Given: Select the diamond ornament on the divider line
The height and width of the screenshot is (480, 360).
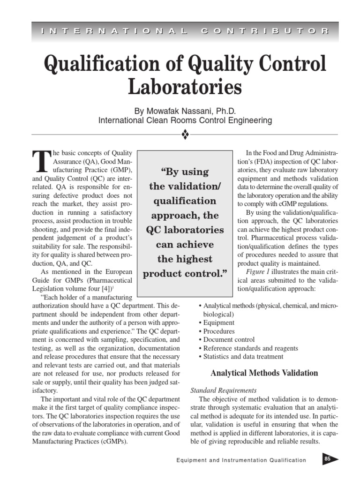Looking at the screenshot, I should [185, 135].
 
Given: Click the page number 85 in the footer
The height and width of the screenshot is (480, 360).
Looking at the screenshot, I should [328, 459].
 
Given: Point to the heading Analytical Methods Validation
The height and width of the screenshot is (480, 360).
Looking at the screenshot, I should [264, 373].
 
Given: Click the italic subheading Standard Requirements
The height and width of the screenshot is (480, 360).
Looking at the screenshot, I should [224, 390].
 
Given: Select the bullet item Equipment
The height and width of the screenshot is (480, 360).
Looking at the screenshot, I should [218, 322].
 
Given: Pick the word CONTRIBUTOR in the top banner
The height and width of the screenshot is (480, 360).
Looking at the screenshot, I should [265, 31].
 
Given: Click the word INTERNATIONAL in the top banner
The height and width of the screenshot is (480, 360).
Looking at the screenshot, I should [115, 31].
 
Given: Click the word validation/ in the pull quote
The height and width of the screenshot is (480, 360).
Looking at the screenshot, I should [185, 187].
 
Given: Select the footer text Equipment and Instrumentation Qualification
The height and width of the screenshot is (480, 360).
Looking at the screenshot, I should [241, 460].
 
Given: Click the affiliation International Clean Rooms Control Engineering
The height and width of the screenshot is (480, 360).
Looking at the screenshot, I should [185, 120].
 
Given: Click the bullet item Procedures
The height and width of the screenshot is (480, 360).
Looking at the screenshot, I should [219, 331].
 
